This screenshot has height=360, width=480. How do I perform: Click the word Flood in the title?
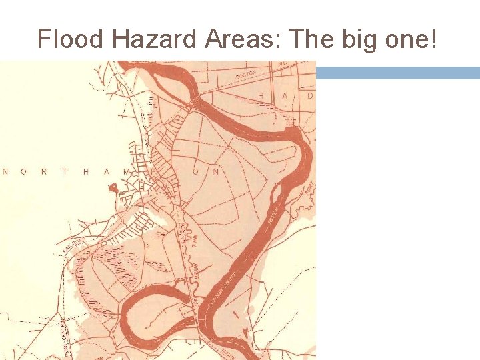[71, 39]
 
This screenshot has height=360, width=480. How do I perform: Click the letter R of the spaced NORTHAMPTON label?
[45, 172]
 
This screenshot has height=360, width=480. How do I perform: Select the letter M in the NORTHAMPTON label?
[127, 172]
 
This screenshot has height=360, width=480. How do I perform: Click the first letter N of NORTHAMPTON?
[6, 172]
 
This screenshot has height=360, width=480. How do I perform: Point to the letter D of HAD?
[309, 96]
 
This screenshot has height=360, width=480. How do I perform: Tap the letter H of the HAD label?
[261, 96]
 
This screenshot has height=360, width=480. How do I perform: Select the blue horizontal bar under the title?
[397, 73]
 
